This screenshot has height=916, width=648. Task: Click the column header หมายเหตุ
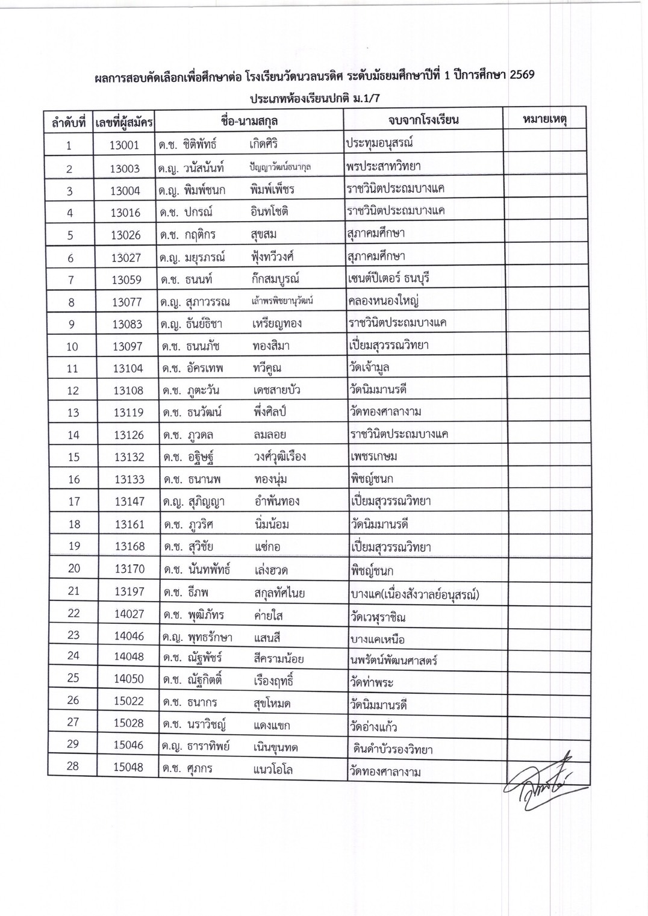pyautogui.click(x=544, y=119)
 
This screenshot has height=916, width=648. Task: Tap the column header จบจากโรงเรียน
pyautogui.click(x=423, y=119)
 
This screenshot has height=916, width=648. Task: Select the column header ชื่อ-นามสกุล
pyautogui.click(x=249, y=120)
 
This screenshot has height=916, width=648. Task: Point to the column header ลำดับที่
pyautogui.click(x=69, y=123)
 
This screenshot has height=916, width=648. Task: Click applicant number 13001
pyautogui.click(x=125, y=145)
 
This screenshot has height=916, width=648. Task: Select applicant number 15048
pyautogui.click(x=129, y=767)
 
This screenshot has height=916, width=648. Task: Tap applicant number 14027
pyautogui.click(x=129, y=615)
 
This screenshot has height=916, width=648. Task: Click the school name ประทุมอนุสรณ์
pyautogui.click(x=379, y=143)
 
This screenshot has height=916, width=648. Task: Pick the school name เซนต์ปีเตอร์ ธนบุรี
pyautogui.click(x=388, y=279)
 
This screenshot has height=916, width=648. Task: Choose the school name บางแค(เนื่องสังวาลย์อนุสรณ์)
pyautogui.click(x=414, y=594)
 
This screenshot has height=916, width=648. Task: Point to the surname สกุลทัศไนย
pyautogui.click(x=279, y=593)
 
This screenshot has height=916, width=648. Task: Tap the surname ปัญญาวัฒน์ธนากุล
pyautogui.click(x=281, y=167)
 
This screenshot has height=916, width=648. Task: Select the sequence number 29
pyautogui.click(x=73, y=744)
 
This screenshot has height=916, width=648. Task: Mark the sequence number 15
pyautogui.click(x=73, y=457)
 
